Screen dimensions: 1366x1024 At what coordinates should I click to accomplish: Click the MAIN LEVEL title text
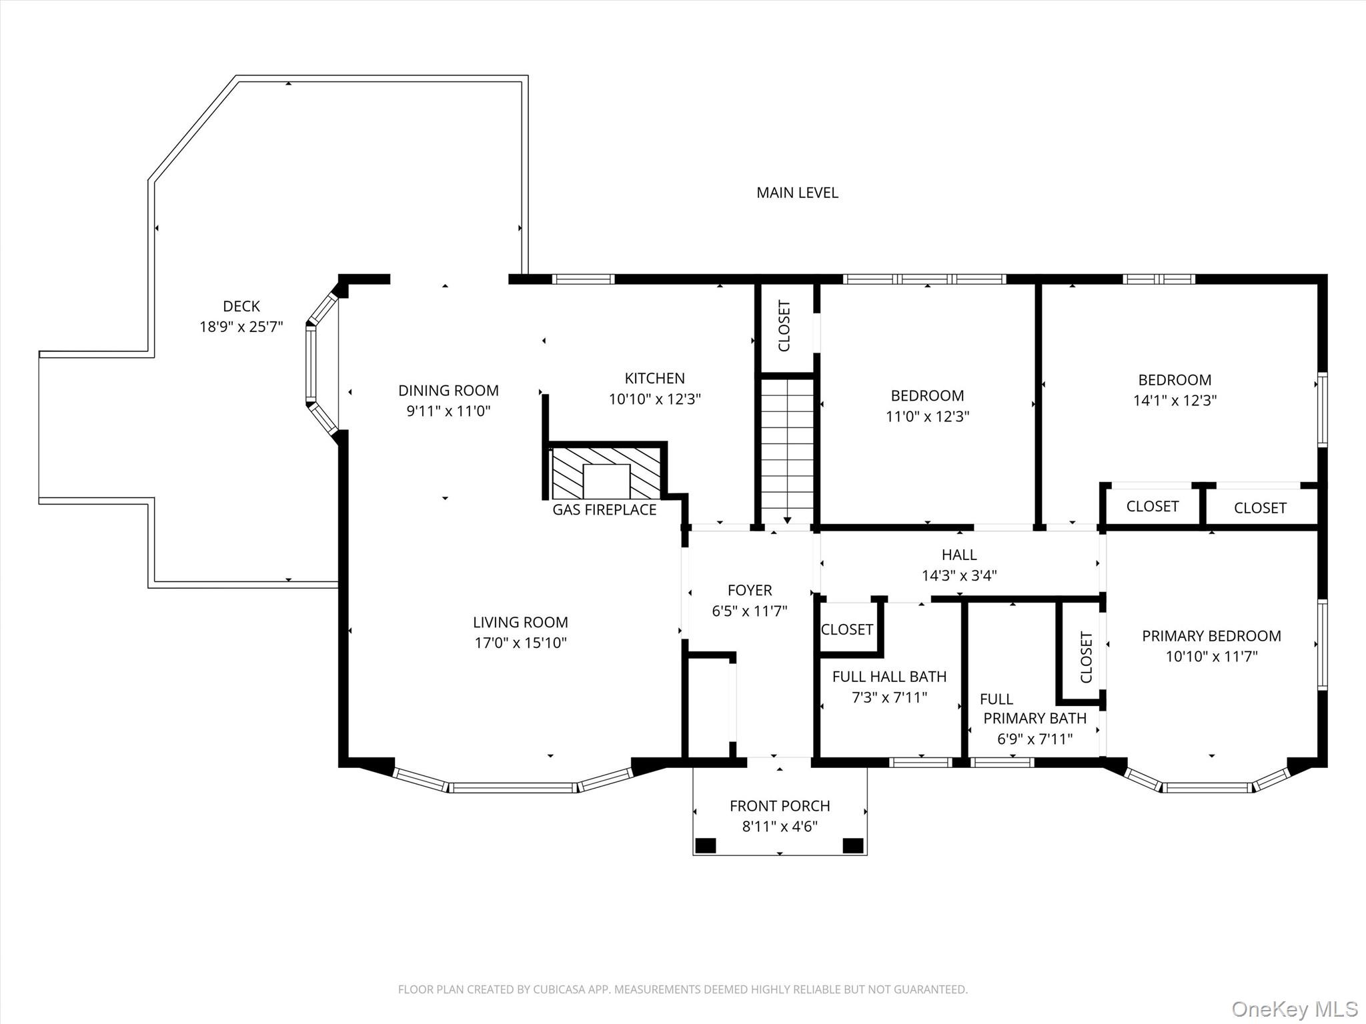pos(797,193)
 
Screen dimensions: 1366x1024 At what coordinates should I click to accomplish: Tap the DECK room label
pos(241,306)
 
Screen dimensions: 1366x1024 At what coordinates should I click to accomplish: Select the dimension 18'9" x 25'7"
pos(241,327)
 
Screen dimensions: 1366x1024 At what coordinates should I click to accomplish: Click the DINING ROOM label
pos(448,390)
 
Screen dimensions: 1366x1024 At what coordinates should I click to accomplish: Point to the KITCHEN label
pos(654,378)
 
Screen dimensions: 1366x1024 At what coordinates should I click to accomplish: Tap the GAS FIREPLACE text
pos(604,510)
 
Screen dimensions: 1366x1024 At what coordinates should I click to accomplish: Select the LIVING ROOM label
pos(520,622)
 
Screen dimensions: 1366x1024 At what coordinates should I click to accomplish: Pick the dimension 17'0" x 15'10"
pos(520,643)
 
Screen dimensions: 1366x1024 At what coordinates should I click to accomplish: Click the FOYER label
pos(750,590)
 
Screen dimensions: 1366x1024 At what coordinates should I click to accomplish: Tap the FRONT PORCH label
pos(780,806)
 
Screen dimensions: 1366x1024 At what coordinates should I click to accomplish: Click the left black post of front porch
pos(706,846)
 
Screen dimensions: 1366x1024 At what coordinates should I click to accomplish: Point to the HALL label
pos(959,555)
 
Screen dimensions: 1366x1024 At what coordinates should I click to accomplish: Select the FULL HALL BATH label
pos(889,677)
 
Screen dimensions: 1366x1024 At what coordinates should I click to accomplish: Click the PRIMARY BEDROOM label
pos(1211,636)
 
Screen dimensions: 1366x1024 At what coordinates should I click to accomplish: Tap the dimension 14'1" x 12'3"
pos(1175,401)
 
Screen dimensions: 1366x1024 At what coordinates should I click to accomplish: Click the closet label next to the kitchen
pos(784,326)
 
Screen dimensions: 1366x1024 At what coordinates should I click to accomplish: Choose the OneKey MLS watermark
pos(1294,1009)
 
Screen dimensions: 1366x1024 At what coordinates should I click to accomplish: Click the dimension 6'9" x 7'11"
pos(1035,739)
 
